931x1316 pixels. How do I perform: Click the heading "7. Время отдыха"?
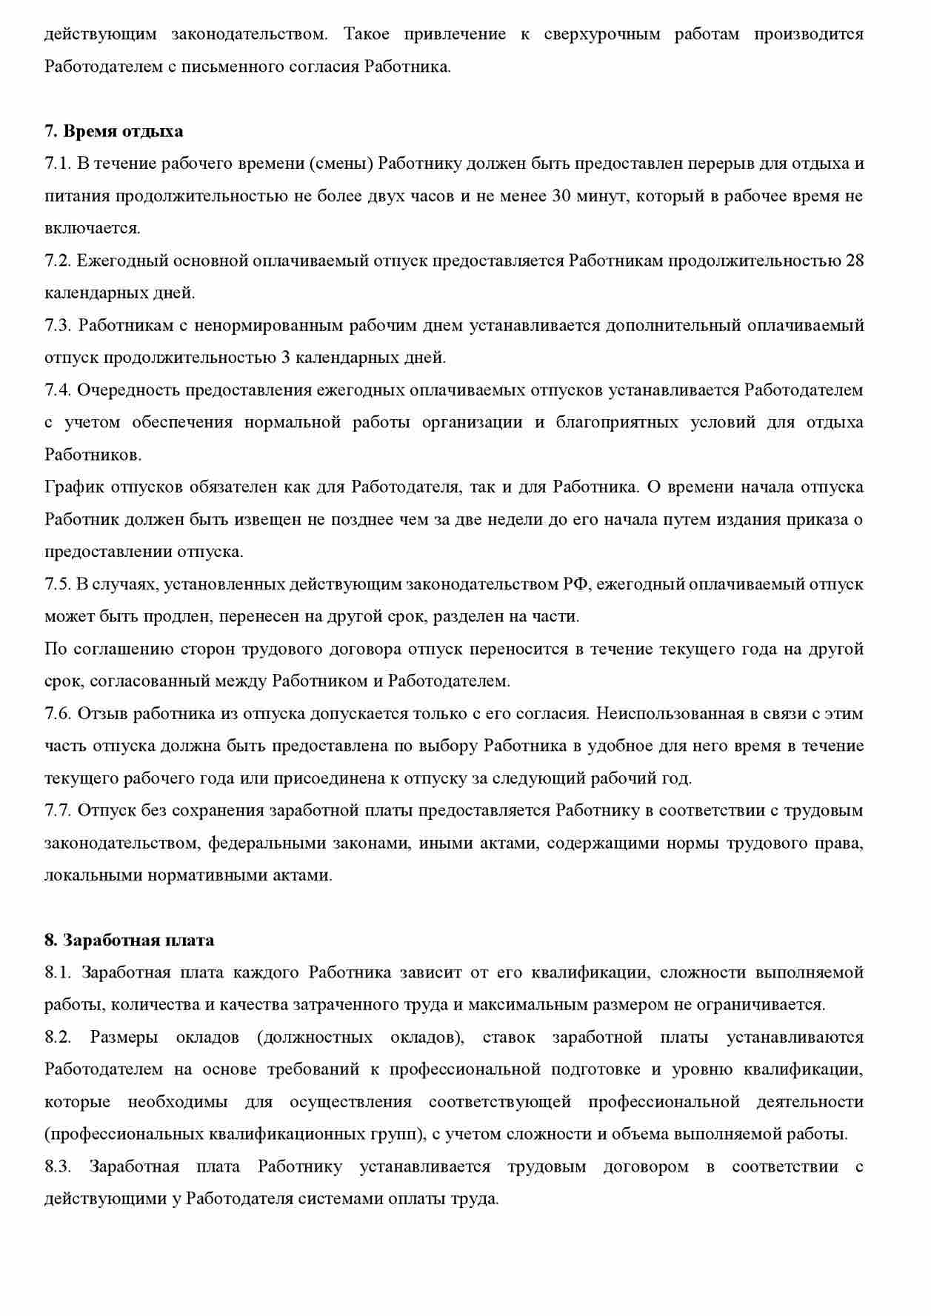point(114,131)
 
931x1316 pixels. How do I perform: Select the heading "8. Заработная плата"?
point(129,940)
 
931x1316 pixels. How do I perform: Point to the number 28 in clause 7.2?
point(854,261)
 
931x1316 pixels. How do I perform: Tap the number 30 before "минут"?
point(562,196)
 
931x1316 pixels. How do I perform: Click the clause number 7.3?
point(57,325)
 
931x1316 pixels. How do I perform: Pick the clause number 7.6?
point(57,713)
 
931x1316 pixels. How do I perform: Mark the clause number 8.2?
point(57,1037)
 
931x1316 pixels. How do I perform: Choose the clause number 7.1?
point(57,163)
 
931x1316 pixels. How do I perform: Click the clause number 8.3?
point(57,1166)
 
